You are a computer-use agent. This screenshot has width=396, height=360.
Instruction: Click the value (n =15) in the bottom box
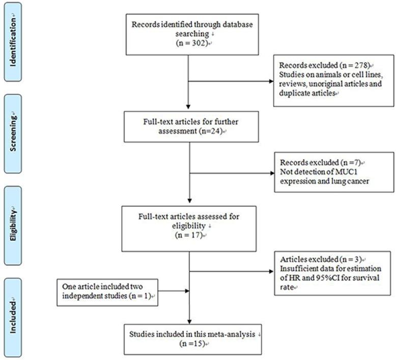point(189,344)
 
